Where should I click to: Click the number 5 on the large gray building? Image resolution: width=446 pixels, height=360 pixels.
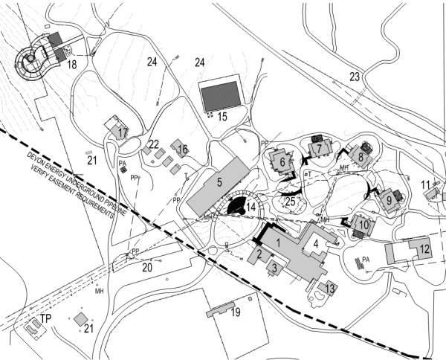coord(219,181)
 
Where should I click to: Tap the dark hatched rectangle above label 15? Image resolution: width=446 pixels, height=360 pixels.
coord(221,97)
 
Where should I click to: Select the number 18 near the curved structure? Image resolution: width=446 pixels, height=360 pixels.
coord(71,65)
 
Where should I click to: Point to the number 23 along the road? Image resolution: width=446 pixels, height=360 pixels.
coord(354,76)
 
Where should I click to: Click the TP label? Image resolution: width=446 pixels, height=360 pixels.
coord(45,319)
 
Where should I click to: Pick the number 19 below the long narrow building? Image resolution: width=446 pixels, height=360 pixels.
coord(235,312)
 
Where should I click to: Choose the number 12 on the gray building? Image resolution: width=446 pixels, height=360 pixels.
coord(423,248)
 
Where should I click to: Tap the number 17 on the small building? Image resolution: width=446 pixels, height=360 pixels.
coord(123,132)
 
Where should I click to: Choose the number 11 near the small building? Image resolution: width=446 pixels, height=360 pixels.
coord(424,184)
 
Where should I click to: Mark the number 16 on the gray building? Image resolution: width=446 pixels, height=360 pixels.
coord(182,149)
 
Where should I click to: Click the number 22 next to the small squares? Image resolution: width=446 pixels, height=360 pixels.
coord(153,144)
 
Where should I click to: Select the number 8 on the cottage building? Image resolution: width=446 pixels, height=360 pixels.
coord(361,157)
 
